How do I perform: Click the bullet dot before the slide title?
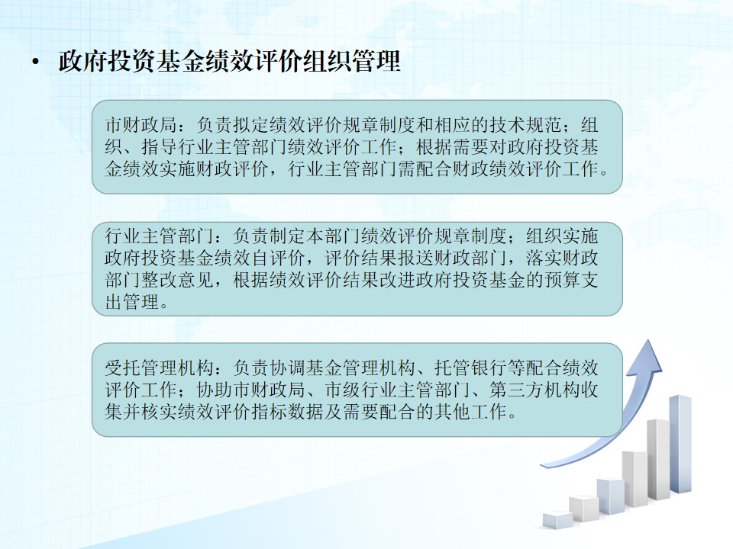35,62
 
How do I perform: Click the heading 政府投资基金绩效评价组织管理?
229,61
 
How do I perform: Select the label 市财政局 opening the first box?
140,125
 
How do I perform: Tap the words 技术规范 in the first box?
526,125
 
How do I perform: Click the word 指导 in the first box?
160,147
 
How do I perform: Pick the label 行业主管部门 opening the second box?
160,236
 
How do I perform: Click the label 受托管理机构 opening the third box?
160,368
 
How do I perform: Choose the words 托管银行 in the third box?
471,368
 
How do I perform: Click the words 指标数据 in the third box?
288,412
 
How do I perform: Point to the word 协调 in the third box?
288,368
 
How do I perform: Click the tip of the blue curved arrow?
651,339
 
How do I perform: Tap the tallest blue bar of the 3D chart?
680,444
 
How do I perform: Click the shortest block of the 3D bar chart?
557,519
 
